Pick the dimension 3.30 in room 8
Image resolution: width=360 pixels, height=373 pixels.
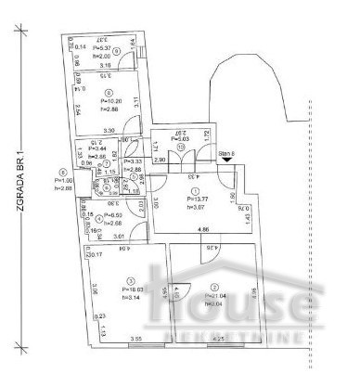coord(109,131)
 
